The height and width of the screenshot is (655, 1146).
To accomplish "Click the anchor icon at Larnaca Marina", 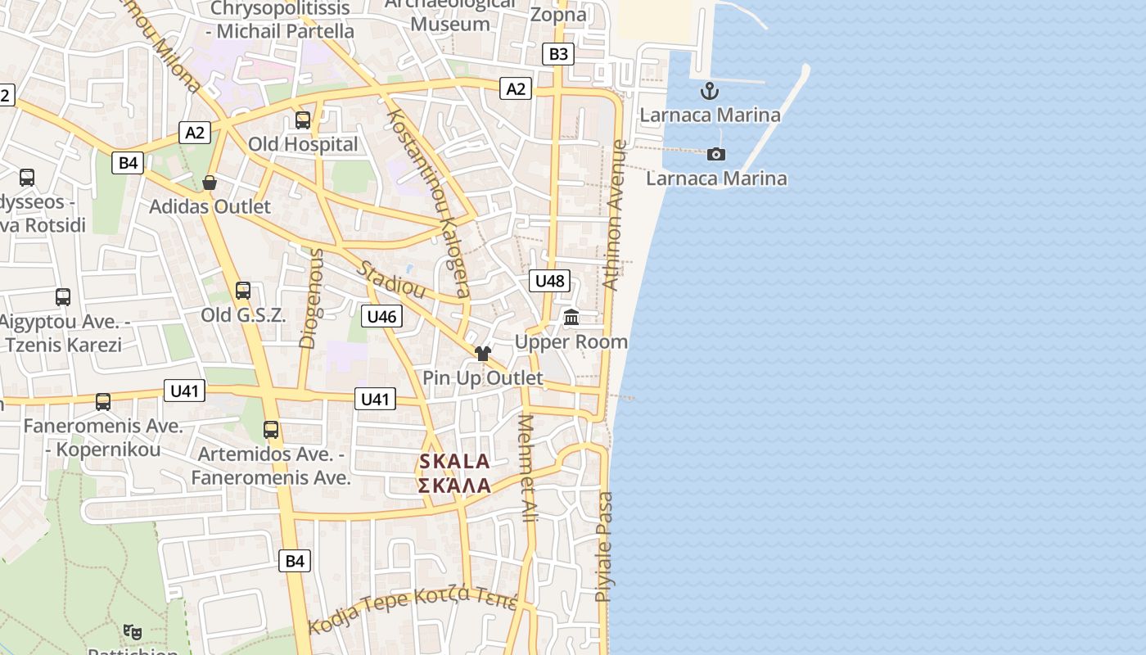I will click(x=710, y=91).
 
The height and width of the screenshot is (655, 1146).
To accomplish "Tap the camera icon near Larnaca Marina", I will click(x=716, y=154).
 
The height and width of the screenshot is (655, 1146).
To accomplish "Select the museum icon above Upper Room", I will click(x=571, y=317).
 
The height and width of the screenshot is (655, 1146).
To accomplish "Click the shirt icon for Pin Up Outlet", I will click(x=483, y=354).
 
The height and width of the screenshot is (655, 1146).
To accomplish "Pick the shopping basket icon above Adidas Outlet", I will click(x=210, y=183).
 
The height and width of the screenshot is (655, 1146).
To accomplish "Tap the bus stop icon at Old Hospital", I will click(x=303, y=120).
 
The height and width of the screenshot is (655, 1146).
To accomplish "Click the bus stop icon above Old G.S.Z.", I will click(x=243, y=291).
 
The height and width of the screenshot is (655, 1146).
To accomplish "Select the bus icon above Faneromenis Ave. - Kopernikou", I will click(x=103, y=402).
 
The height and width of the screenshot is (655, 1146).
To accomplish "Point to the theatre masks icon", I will click(x=132, y=631).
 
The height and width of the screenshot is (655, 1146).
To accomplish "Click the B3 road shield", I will click(x=557, y=54).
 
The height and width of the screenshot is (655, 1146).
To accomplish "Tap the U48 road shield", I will click(x=549, y=281).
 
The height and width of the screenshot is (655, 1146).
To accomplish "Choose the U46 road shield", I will click(x=381, y=316).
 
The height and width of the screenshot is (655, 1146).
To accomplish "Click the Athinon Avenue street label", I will click(x=615, y=215).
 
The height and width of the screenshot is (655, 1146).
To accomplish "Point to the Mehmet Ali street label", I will click(x=529, y=468).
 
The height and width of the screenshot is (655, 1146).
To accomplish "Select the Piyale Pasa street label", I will click(x=604, y=546).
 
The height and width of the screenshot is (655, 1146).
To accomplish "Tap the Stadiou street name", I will click(x=391, y=279).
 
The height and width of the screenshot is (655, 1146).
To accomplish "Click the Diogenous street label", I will click(x=312, y=298).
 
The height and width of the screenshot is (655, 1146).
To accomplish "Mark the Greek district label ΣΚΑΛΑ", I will click(x=454, y=486).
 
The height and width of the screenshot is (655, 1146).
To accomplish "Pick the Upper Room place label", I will click(x=571, y=341).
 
